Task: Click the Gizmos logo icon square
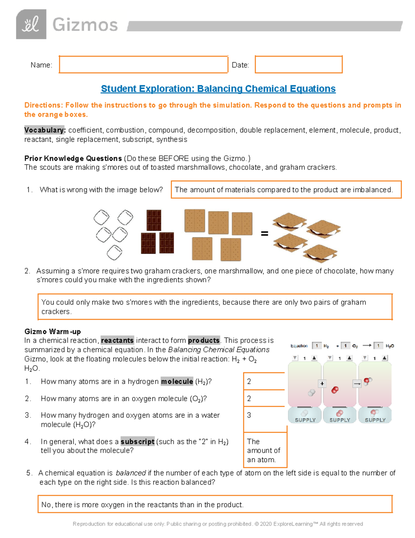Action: [31, 24]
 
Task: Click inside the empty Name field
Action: [143, 64]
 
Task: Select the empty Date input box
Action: [298, 64]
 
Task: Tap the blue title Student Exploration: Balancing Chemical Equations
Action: [218, 89]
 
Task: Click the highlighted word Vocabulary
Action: [45, 130]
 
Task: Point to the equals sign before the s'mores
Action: [265, 234]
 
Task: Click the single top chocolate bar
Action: [154, 220]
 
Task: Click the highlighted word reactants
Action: [117, 341]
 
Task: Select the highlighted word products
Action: [204, 341]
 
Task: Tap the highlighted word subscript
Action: [137, 442]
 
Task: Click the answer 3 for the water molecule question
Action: [249, 415]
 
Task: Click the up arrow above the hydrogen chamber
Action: [314, 358]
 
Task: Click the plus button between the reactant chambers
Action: [322, 383]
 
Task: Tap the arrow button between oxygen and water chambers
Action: [357, 383]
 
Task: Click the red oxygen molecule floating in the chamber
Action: [335, 390]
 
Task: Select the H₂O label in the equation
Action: [389, 346]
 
